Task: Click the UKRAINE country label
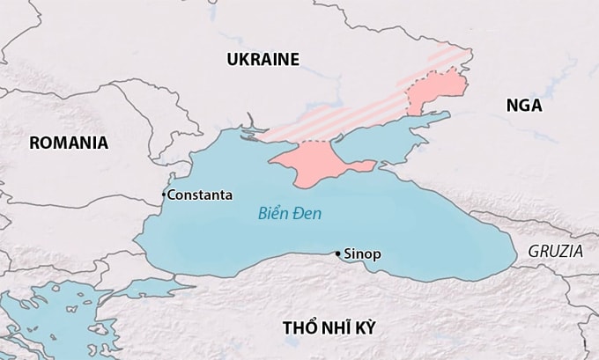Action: tap(263, 60)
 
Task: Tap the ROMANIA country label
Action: tap(69, 143)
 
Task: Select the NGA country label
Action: tap(524, 106)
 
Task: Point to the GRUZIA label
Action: tap(555, 251)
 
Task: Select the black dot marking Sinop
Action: tap(336, 253)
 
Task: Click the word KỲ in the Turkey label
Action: tap(363, 328)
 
